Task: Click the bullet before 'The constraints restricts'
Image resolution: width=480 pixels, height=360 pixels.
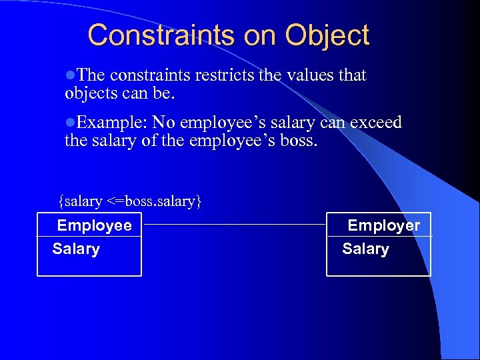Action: tap(70, 75)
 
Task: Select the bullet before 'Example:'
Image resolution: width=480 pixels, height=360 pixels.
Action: tap(70, 123)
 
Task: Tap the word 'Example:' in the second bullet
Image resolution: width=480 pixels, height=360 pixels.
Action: tap(111, 123)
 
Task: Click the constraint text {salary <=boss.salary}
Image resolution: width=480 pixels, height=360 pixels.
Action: tap(129, 201)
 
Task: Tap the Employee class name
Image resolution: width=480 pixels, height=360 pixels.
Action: tap(95, 225)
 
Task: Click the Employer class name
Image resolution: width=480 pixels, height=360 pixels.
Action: tap(384, 225)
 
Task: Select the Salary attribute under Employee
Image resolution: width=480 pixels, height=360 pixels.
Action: tap(76, 249)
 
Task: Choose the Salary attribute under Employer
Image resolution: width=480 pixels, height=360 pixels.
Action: tap(365, 249)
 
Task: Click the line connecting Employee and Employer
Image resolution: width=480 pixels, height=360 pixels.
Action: tap(234, 225)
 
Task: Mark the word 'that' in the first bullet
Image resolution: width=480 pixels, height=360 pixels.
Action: tap(353, 75)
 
